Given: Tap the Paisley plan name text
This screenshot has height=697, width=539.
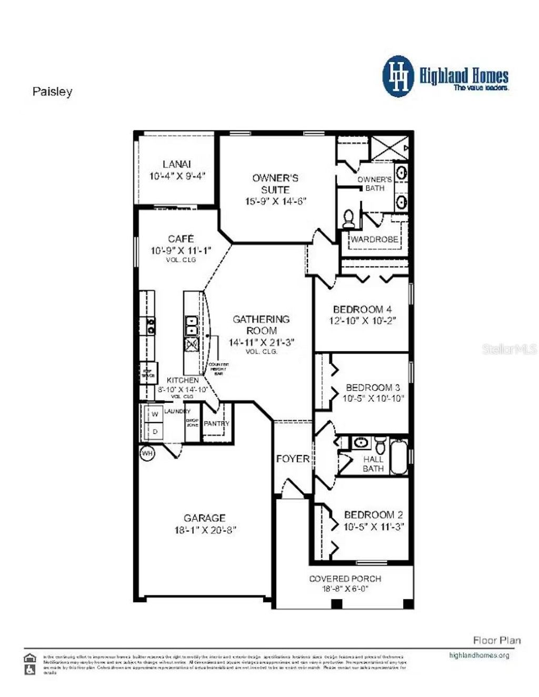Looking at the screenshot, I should [x=52, y=92].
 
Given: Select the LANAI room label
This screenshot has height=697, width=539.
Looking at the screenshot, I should [x=177, y=164].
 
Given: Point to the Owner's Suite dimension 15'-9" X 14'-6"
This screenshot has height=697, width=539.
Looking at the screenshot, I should [x=275, y=201].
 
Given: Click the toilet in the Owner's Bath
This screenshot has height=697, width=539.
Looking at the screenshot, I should [x=348, y=218].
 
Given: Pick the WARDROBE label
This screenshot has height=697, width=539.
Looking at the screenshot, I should [x=374, y=240].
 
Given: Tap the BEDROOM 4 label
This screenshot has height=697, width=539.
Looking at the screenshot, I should [x=362, y=309].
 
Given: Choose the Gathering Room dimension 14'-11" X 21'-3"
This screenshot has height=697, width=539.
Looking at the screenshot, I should [x=261, y=342].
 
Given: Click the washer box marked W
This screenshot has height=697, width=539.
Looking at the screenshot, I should [x=155, y=414].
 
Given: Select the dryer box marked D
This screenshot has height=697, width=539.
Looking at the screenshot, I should [x=155, y=432].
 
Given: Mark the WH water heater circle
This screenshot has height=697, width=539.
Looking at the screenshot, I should [x=147, y=452].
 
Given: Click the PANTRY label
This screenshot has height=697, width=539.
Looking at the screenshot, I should [x=216, y=423].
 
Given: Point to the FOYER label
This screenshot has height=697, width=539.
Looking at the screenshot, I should [x=293, y=459].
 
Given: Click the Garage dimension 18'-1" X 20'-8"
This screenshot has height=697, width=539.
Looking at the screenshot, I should [x=205, y=530].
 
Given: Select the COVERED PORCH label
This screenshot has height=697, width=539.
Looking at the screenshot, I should [x=345, y=579].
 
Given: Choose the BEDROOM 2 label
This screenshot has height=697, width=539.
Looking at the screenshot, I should [x=373, y=515].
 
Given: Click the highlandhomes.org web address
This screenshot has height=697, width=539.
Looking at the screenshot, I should [x=479, y=655].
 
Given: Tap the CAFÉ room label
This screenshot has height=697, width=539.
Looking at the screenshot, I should [x=181, y=239].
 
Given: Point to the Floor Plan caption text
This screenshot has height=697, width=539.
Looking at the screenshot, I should [x=496, y=640].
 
